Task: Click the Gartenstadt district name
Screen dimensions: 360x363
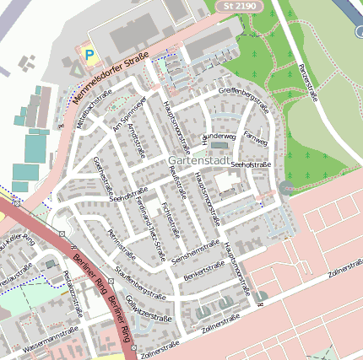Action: [198, 159]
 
